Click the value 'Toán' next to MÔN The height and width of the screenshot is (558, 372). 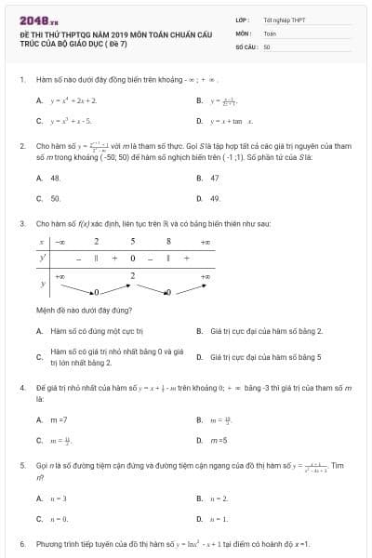point(270,32)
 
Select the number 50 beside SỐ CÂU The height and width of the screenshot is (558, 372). point(267,46)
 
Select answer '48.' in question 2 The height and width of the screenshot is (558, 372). point(55,177)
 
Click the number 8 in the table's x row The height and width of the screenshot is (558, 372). point(168,241)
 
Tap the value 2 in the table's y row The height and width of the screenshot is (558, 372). point(132,275)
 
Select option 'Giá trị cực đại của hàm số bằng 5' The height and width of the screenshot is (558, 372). point(266,356)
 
